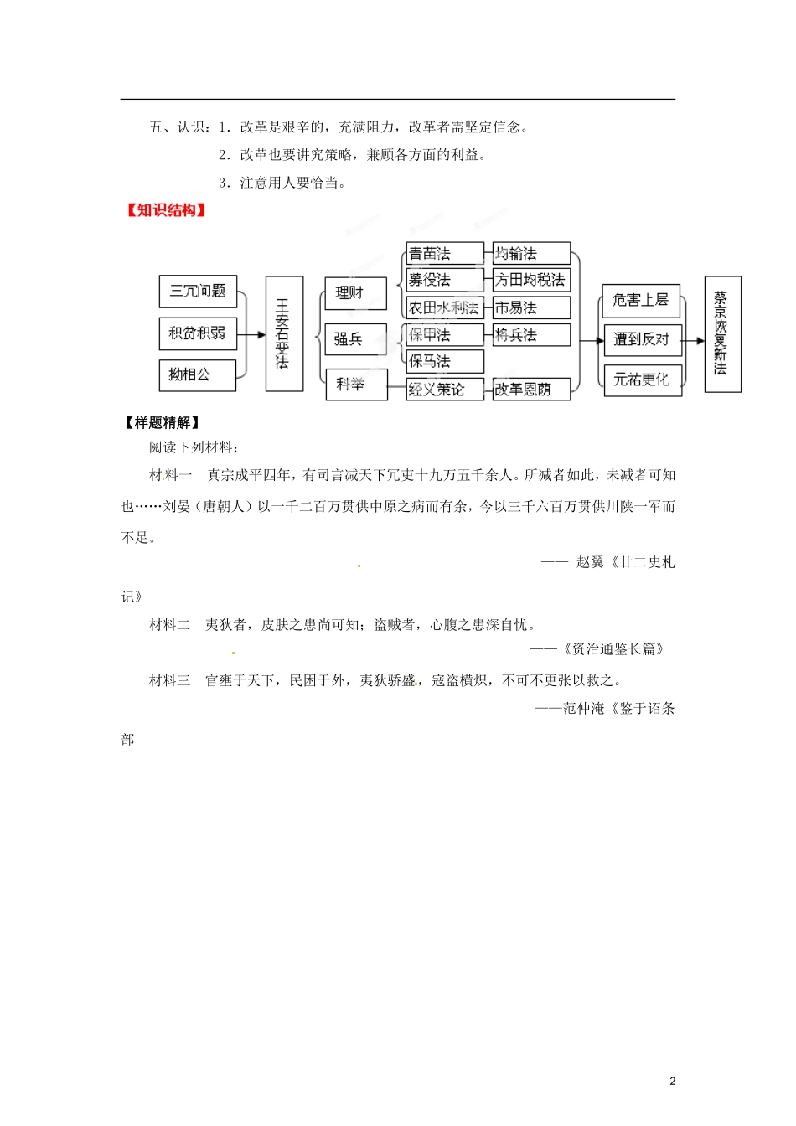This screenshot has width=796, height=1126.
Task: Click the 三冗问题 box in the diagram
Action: [198, 292]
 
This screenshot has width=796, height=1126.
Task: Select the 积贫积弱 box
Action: [198, 333]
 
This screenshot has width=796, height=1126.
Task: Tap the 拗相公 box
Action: [197, 374]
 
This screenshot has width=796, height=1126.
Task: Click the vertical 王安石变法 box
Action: [283, 333]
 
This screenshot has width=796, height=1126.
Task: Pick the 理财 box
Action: [355, 293]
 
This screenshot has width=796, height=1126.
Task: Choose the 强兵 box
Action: [355, 339]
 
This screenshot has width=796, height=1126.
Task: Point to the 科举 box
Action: [355, 385]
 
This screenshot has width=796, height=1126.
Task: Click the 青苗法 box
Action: [445, 253]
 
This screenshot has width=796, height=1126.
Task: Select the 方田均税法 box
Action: [531, 280]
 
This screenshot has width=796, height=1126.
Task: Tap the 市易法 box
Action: [531, 307]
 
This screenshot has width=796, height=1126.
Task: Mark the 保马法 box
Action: [445, 362]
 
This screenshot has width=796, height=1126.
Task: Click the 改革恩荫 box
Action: [531, 390]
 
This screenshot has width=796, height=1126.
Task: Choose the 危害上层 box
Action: [641, 300]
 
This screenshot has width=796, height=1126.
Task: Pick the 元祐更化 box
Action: [642, 380]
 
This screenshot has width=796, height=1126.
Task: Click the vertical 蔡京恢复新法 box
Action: [722, 333]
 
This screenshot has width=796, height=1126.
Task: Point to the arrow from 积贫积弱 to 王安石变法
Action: [251, 334]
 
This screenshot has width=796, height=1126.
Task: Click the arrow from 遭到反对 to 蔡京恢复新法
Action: [693, 340]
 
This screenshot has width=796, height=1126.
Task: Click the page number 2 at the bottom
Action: [672, 1081]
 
